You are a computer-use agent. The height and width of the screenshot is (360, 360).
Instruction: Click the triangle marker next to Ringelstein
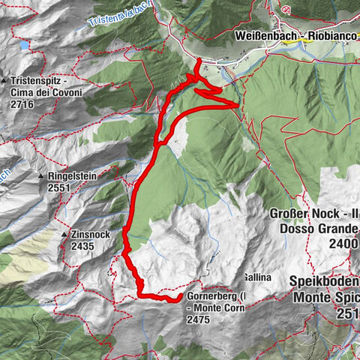click(41, 176)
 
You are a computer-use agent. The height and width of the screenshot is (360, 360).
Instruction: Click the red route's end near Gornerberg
click(179, 299)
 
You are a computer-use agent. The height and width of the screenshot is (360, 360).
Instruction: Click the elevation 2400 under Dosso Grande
click(341, 244)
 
